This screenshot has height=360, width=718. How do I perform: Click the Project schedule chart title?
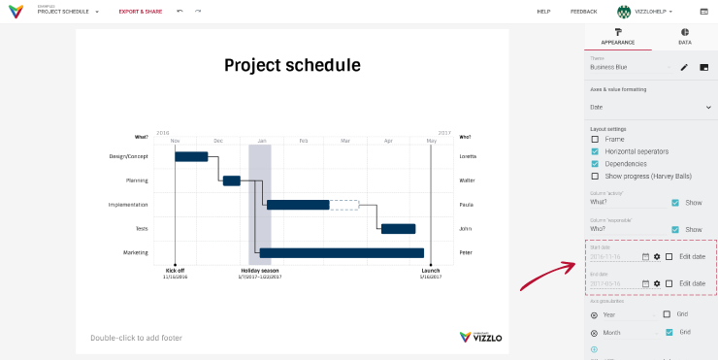tap(292, 66)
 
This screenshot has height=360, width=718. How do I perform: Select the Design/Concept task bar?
tap(191, 156)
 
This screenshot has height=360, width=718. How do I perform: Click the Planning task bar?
tap(231, 180)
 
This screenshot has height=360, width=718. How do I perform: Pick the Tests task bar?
tap(398, 229)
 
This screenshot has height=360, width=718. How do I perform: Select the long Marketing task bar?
tap(342, 253)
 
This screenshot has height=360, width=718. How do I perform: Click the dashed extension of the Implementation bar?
tap(343, 205)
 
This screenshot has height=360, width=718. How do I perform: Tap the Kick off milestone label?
tap(175, 271)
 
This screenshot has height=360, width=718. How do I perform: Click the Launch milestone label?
tap(431, 271)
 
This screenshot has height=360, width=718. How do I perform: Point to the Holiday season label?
tap(259, 271)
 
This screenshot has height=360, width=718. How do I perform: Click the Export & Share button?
tap(141, 12)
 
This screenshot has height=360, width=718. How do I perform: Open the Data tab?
tap(685, 37)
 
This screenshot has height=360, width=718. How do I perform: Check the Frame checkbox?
tap(595, 140)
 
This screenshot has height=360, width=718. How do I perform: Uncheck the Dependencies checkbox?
tap(595, 164)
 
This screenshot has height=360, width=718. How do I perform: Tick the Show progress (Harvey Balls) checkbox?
tap(595, 177)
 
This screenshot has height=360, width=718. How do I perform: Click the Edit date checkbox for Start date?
tap(669, 256)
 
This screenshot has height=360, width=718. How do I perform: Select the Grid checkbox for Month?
tap(669, 332)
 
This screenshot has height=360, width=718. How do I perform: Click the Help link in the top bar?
tap(543, 12)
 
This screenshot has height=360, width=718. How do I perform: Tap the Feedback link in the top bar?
tap(583, 12)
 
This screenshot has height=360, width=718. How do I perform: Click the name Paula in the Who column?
tap(466, 205)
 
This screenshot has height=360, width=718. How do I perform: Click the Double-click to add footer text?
tap(136, 338)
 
